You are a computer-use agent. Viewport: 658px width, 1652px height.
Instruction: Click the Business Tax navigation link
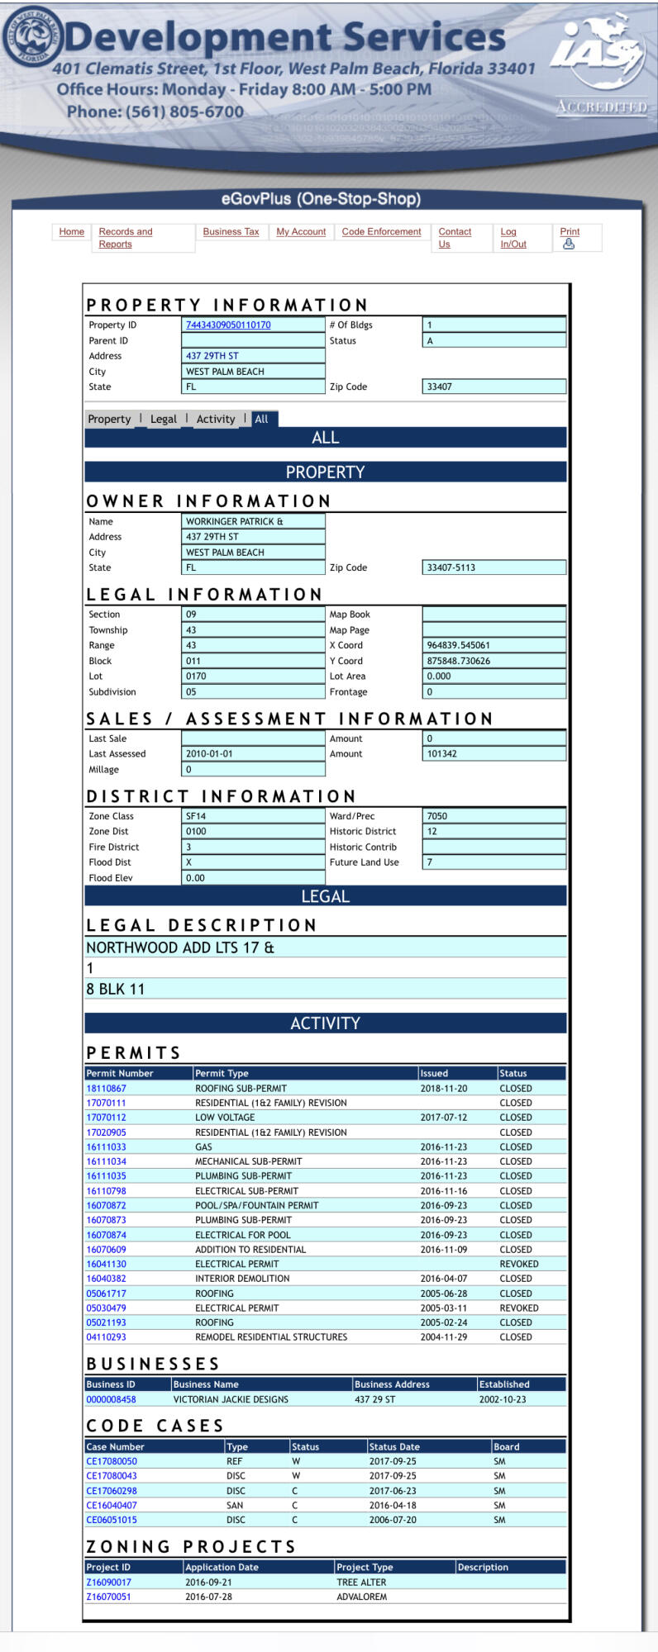(x=231, y=232)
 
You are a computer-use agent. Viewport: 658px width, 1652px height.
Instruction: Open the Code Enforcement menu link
(x=381, y=232)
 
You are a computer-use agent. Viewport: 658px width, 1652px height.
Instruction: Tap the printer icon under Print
(x=568, y=244)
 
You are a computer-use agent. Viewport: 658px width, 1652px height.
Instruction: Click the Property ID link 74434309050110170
(x=228, y=325)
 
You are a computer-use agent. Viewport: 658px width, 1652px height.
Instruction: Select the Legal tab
(x=163, y=420)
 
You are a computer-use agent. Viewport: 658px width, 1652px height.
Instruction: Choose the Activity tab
(x=215, y=420)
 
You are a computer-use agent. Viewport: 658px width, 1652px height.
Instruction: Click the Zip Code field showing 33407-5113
(x=493, y=568)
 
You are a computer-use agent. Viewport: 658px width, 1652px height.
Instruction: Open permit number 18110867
(x=106, y=1089)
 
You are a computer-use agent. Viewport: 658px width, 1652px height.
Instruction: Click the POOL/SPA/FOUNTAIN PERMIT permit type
(x=256, y=1206)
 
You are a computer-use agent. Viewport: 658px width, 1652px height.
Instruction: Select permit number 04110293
(x=106, y=1337)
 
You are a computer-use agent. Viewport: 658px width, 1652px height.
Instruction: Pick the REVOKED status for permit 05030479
(x=518, y=1308)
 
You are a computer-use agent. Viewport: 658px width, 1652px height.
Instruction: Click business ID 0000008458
(x=111, y=1400)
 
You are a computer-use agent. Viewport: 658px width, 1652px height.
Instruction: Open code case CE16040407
(x=112, y=1506)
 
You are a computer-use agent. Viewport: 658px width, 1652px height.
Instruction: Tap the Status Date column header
(x=394, y=1447)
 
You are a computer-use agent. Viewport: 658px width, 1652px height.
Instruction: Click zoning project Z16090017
(x=108, y=1583)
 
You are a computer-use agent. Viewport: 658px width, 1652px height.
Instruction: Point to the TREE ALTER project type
(x=361, y=1583)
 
